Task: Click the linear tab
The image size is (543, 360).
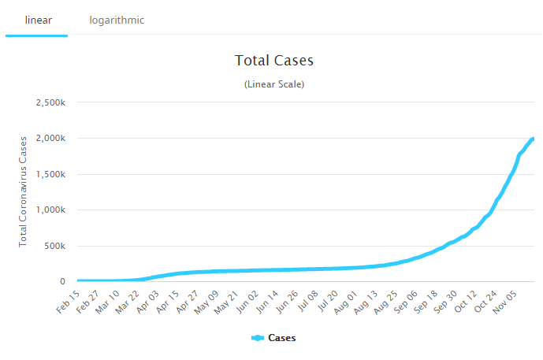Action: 36,20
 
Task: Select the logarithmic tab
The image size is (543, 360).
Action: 117,20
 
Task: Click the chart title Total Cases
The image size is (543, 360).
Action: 274,61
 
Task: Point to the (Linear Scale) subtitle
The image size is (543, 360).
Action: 274,84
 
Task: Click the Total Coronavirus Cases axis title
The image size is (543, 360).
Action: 24,191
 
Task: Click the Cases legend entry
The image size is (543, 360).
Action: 273,338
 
